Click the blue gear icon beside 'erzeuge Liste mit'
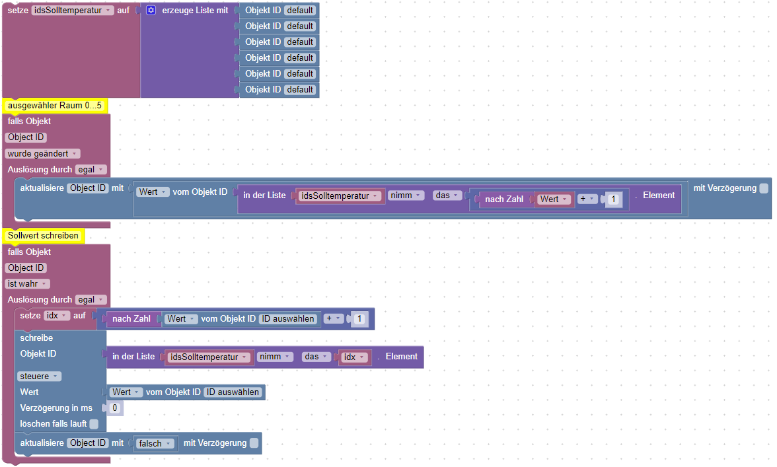[x=151, y=11]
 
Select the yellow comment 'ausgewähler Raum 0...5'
[x=55, y=106]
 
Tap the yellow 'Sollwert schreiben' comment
[x=44, y=236]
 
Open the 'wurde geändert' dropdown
[x=42, y=153]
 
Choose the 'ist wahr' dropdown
[x=28, y=284]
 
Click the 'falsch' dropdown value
[x=155, y=443]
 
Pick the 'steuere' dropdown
[x=39, y=377]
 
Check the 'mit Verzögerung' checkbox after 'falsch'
[x=254, y=443]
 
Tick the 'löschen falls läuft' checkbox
[x=94, y=424]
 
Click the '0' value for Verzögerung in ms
[x=115, y=408]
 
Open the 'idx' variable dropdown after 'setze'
[x=57, y=316]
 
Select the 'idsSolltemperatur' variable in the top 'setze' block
[x=73, y=11]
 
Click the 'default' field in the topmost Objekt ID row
[x=300, y=11]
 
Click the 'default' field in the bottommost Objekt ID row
[x=300, y=90]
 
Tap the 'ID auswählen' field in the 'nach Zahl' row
[x=288, y=319]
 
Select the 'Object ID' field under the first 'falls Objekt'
[x=26, y=137]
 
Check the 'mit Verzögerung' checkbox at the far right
[x=764, y=188]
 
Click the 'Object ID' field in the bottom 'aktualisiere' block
[x=88, y=443]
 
